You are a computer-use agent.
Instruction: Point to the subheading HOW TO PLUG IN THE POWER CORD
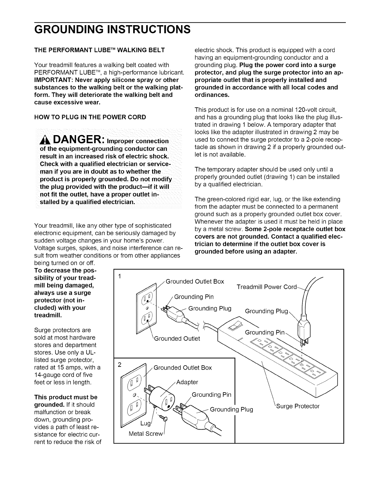coord(90,117)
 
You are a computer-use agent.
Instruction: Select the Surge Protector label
coord(298,406)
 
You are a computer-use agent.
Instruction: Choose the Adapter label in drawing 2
coord(187,382)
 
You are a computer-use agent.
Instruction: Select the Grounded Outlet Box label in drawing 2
coord(183,368)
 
